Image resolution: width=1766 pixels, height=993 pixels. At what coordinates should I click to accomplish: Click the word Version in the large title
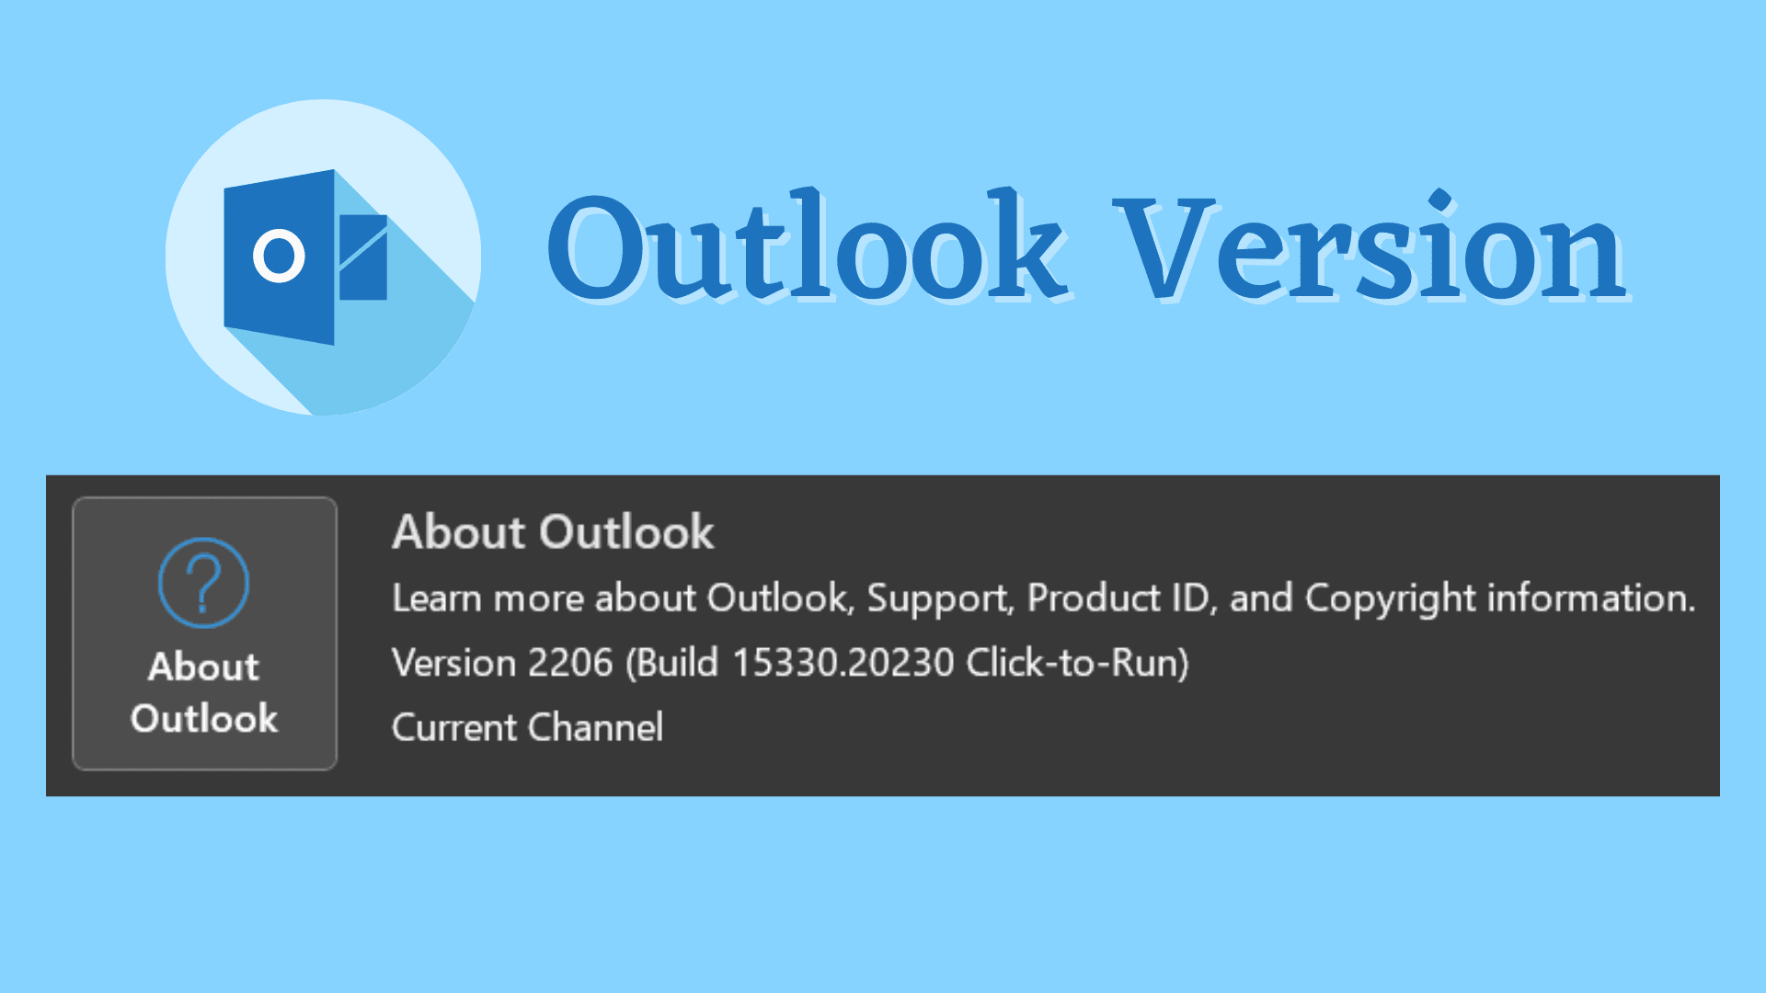click(1370, 246)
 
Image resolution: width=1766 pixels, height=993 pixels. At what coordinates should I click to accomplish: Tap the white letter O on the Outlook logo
click(279, 255)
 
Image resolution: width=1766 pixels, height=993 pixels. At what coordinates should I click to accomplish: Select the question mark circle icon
click(203, 583)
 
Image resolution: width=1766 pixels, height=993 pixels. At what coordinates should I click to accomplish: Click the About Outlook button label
click(204, 692)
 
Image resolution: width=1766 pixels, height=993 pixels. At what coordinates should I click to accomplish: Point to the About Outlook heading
click(553, 531)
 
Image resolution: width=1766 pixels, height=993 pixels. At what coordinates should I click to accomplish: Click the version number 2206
click(570, 663)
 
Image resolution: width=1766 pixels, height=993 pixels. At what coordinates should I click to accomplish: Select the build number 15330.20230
click(843, 663)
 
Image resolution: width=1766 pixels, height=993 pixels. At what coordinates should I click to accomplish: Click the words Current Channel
click(527, 727)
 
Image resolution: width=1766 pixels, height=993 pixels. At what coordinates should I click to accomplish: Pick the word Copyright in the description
click(1391, 599)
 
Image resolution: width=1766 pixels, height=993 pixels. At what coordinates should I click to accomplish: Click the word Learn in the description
click(437, 599)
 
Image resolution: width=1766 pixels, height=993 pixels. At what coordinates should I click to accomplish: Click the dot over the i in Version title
click(1440, 200)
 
